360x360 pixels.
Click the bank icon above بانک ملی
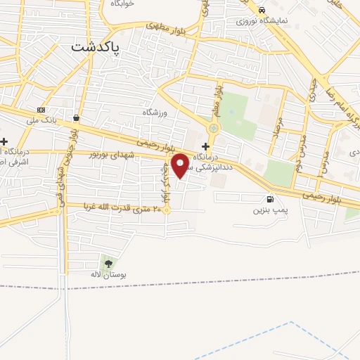click(41, 110)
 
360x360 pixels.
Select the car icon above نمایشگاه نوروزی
click(262, 11)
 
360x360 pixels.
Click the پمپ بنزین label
click(271, 209)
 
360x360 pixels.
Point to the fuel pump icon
click(270, 198)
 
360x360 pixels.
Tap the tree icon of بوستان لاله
click(108, 263)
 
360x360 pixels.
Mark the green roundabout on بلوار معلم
click(214, 128)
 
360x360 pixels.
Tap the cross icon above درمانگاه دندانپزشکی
click(205, 145)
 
